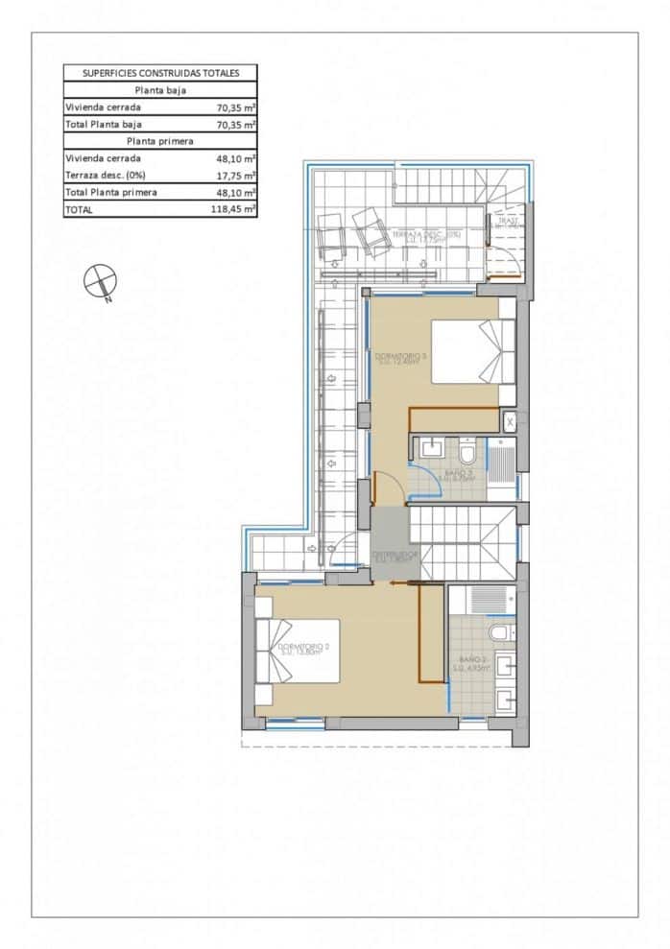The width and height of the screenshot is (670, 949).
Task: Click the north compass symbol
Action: [x=100, y=281]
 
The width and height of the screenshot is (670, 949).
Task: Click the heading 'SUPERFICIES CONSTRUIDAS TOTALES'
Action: [x=160, y=73]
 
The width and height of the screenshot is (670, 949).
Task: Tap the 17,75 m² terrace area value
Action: [x=236, y=176]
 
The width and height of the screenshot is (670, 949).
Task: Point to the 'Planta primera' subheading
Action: [x=160, y=141]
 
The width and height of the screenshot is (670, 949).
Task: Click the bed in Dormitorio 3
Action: [x=473, y=351]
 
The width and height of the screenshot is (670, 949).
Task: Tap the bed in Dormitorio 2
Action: [x=298, y=651]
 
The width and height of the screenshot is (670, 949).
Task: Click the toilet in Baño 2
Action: [x=500, y=634]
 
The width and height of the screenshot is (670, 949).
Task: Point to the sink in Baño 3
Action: [x=431, y=448]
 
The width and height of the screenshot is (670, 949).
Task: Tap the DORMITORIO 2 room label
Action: [x=304, y=649]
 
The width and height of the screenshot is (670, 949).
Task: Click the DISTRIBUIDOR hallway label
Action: [x=394, y=556]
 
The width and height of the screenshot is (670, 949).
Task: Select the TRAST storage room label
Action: [x=506, y=221]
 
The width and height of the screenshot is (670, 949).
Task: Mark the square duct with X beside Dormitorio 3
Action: [x=510, y=420]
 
